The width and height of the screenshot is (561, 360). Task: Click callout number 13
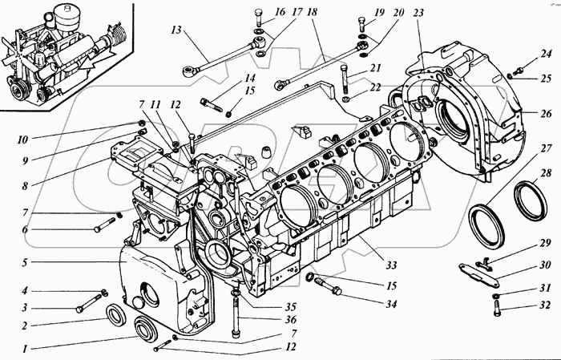[176, 30]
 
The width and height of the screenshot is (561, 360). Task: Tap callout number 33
[391, 265]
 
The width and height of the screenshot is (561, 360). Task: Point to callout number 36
[291, 320]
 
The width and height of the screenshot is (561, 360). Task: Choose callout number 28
[546, 174]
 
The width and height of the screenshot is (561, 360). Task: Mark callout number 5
[24, 263]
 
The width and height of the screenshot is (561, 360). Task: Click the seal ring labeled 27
[486, 225]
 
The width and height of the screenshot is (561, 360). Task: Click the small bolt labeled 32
[497, 308]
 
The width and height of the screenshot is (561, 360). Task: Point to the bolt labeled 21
[345, 79]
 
